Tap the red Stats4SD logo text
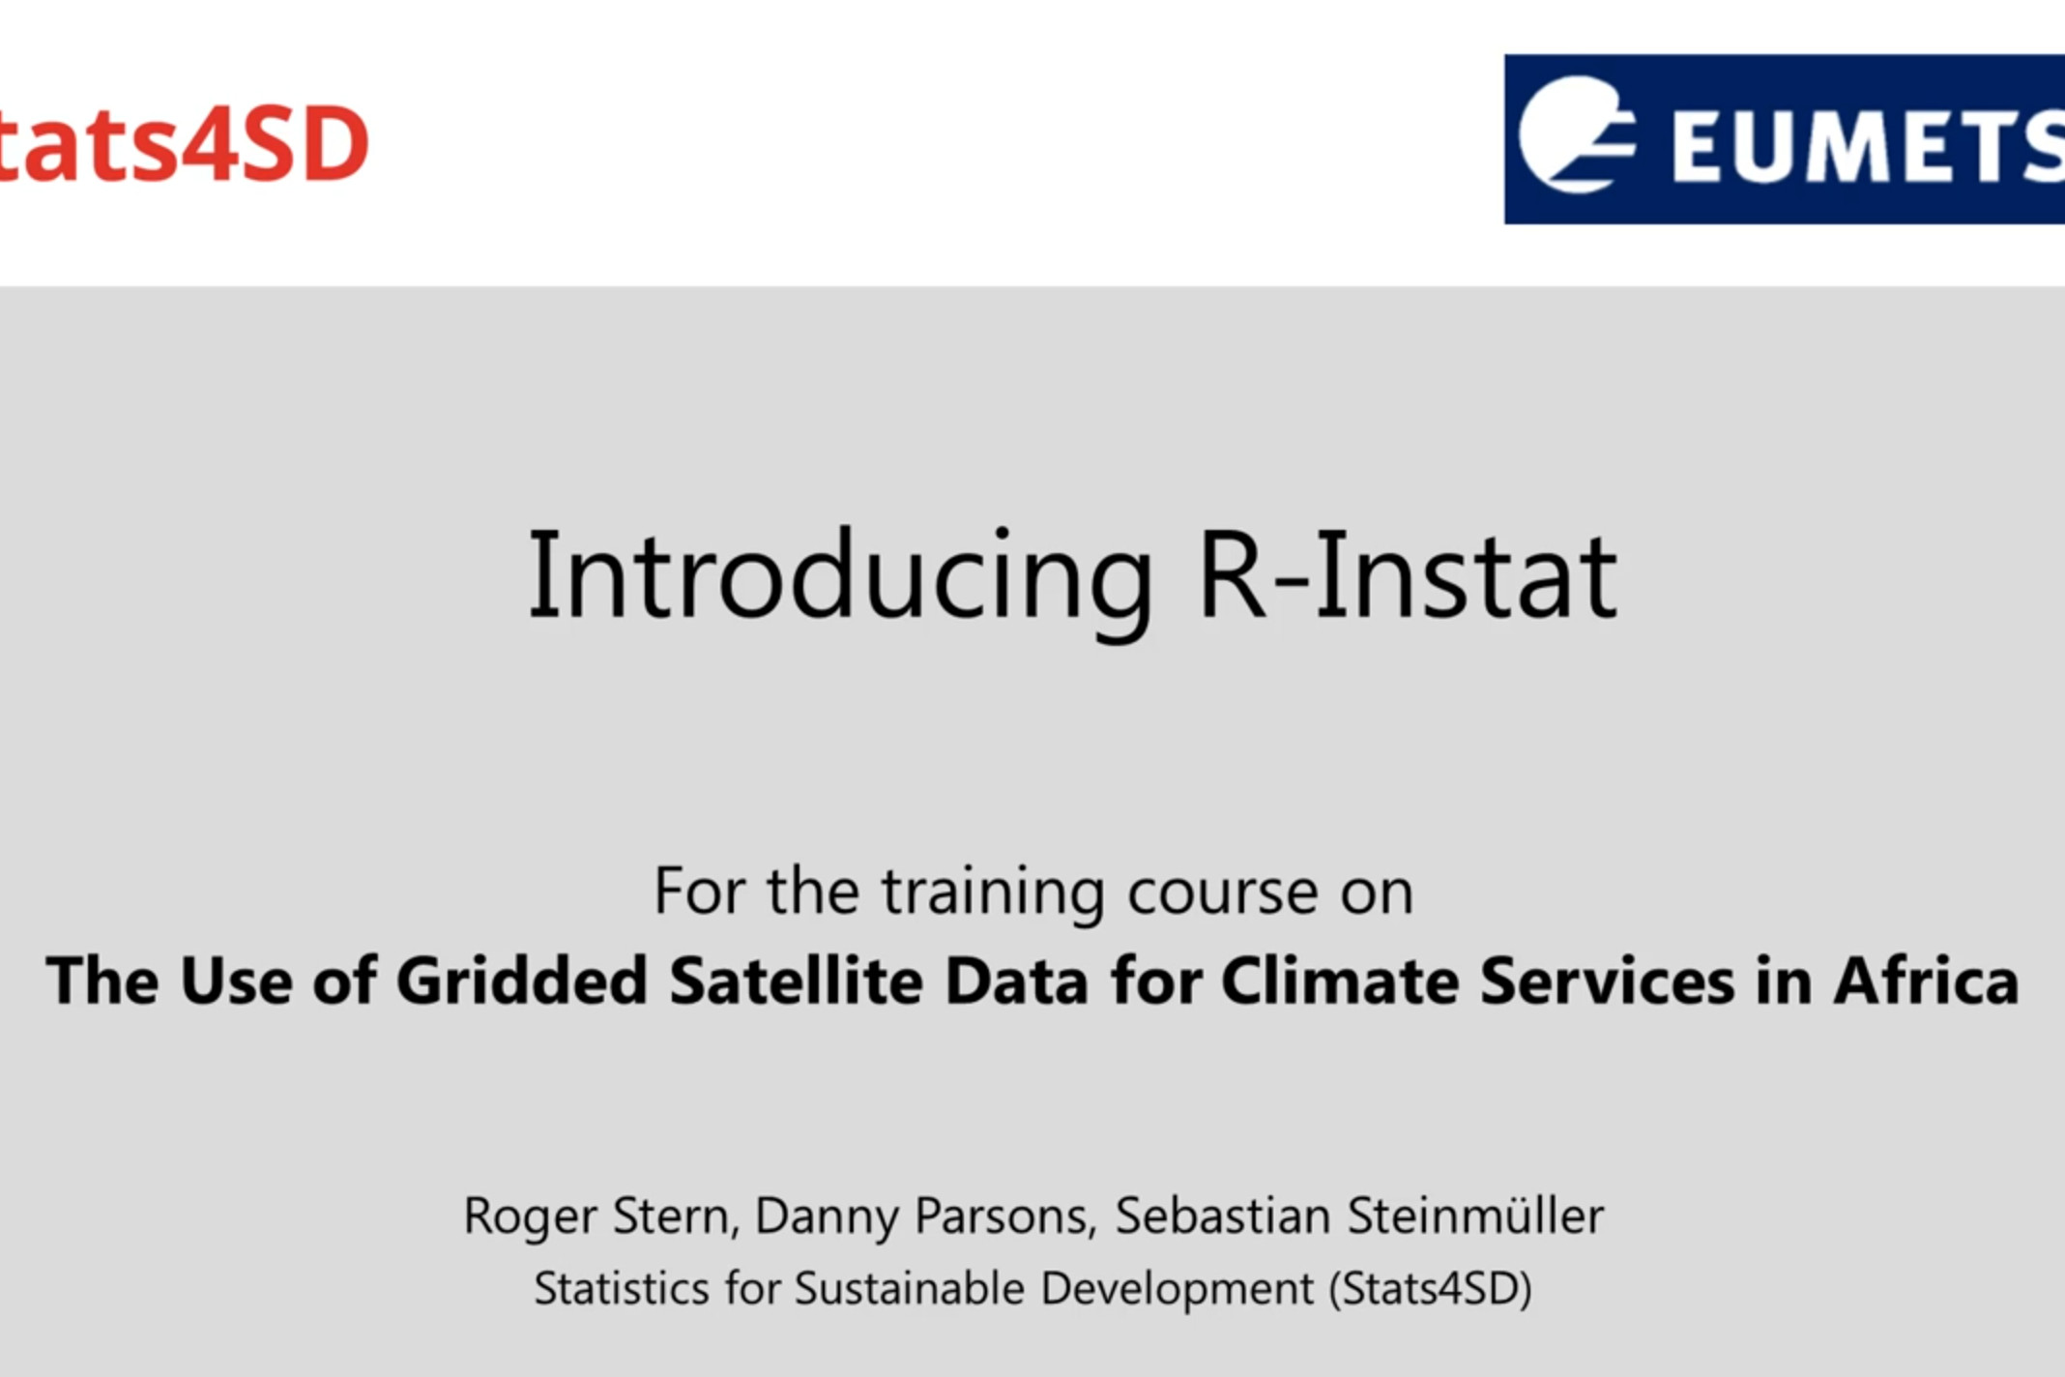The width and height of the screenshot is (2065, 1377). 184,143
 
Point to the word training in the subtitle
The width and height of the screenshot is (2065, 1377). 993,894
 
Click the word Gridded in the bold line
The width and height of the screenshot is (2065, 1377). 522,981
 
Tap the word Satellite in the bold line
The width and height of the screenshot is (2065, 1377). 797,981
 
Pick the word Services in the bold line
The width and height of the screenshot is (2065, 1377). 1607,981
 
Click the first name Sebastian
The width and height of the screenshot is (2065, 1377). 1223,1216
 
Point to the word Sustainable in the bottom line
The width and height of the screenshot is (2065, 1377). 909,1289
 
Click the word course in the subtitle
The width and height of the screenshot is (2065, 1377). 1222,893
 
